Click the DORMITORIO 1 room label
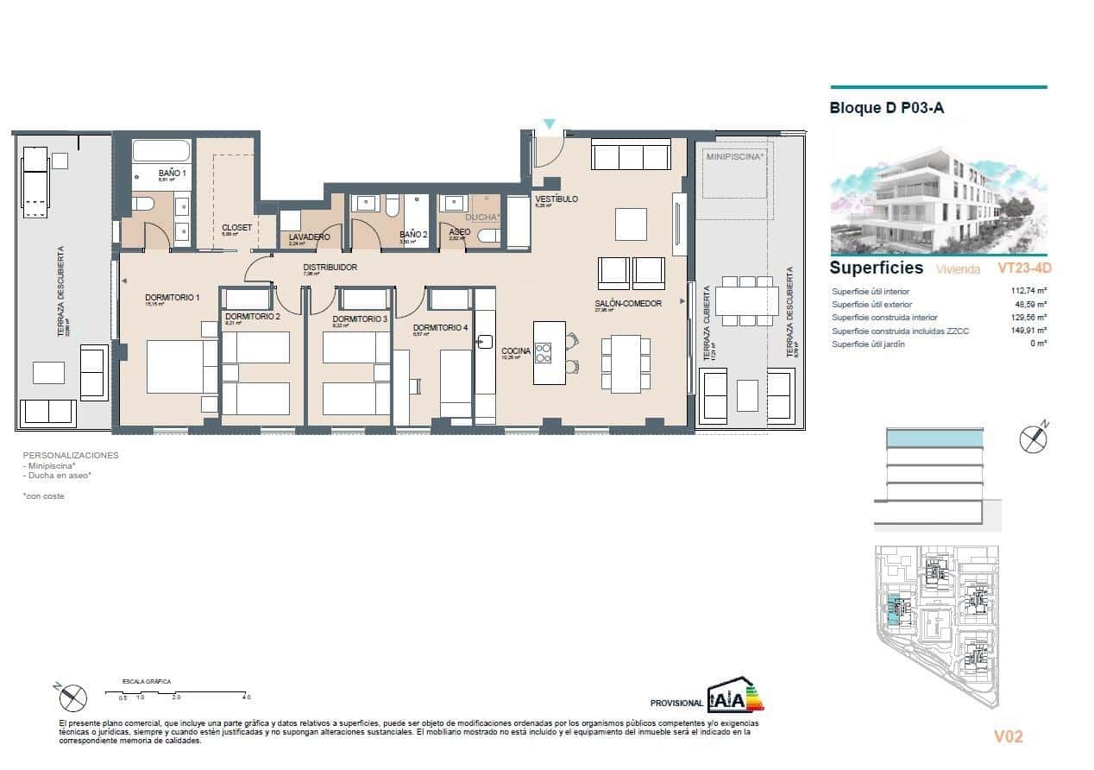(x=172, y=298)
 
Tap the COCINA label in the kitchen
(x=515, y=350)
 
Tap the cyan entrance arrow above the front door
(x=549, y=125)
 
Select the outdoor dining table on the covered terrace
(x=748, y=300)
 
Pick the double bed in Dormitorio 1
(x=181, y=367)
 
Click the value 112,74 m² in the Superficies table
(x=1028, y=292)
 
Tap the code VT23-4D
(x=1024, y=268)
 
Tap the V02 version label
(x=1008, y=736)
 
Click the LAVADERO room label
(x=310, y=237)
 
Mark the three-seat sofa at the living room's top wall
(x=630, y=156)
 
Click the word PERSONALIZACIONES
(x=70, y=455)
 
